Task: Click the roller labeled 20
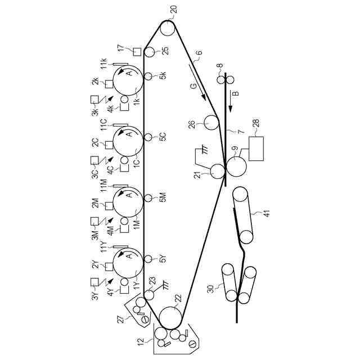click(x=168, y=28)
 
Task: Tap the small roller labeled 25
click(x=149, y=52)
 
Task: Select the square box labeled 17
click(x=136, y=52)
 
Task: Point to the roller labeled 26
click(x=211, y=121)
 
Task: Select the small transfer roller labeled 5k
click(x=148, y=76)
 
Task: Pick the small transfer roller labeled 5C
click(x=148, y=137)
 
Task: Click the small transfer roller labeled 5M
click(x=148, y=198)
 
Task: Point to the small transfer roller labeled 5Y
click(x=148, y=259)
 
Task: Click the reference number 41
click(x=259, y=214)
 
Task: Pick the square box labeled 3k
click(x=94, y=101)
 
